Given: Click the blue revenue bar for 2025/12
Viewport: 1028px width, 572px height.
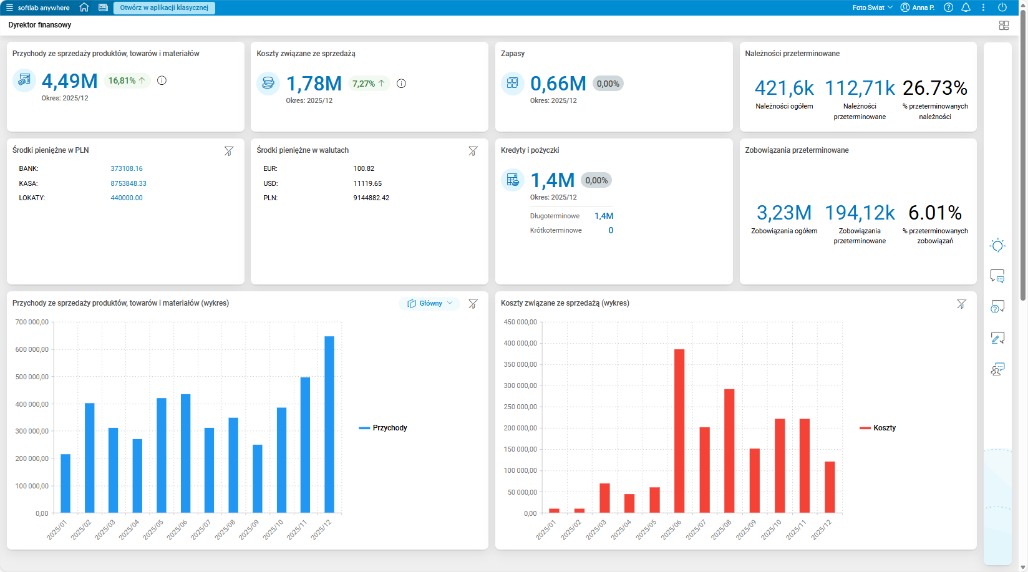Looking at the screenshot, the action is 329,424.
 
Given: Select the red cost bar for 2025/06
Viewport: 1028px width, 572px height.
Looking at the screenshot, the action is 679,431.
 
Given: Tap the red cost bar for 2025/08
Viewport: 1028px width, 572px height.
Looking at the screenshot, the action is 729,451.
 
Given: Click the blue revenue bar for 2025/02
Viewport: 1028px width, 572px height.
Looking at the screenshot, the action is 89,458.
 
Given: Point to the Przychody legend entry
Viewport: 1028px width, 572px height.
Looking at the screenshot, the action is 383,428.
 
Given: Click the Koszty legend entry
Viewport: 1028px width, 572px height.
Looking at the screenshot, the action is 878,428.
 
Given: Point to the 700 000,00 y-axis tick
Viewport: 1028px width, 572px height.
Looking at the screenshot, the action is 32,322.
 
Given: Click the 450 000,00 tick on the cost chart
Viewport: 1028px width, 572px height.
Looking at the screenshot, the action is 520,322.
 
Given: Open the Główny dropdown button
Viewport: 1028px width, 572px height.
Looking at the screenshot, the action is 430,303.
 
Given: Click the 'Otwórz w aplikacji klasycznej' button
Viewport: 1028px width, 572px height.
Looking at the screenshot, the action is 164,8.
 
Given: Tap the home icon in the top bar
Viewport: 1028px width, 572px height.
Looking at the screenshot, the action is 84,7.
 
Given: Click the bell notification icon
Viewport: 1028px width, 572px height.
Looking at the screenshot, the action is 966,7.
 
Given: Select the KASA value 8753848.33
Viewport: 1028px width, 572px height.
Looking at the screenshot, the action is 128,183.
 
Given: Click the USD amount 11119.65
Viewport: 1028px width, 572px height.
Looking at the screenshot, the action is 367,183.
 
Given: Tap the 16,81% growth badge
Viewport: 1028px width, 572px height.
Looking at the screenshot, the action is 127,81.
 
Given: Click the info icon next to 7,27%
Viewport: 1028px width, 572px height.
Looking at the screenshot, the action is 401,84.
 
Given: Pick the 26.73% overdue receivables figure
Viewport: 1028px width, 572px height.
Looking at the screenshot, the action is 935,88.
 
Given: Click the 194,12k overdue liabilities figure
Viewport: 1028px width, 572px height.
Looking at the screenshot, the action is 860,213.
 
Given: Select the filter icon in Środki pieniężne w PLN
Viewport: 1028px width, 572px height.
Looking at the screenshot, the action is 228,151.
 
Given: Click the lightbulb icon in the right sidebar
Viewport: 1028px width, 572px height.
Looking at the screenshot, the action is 997,245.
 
